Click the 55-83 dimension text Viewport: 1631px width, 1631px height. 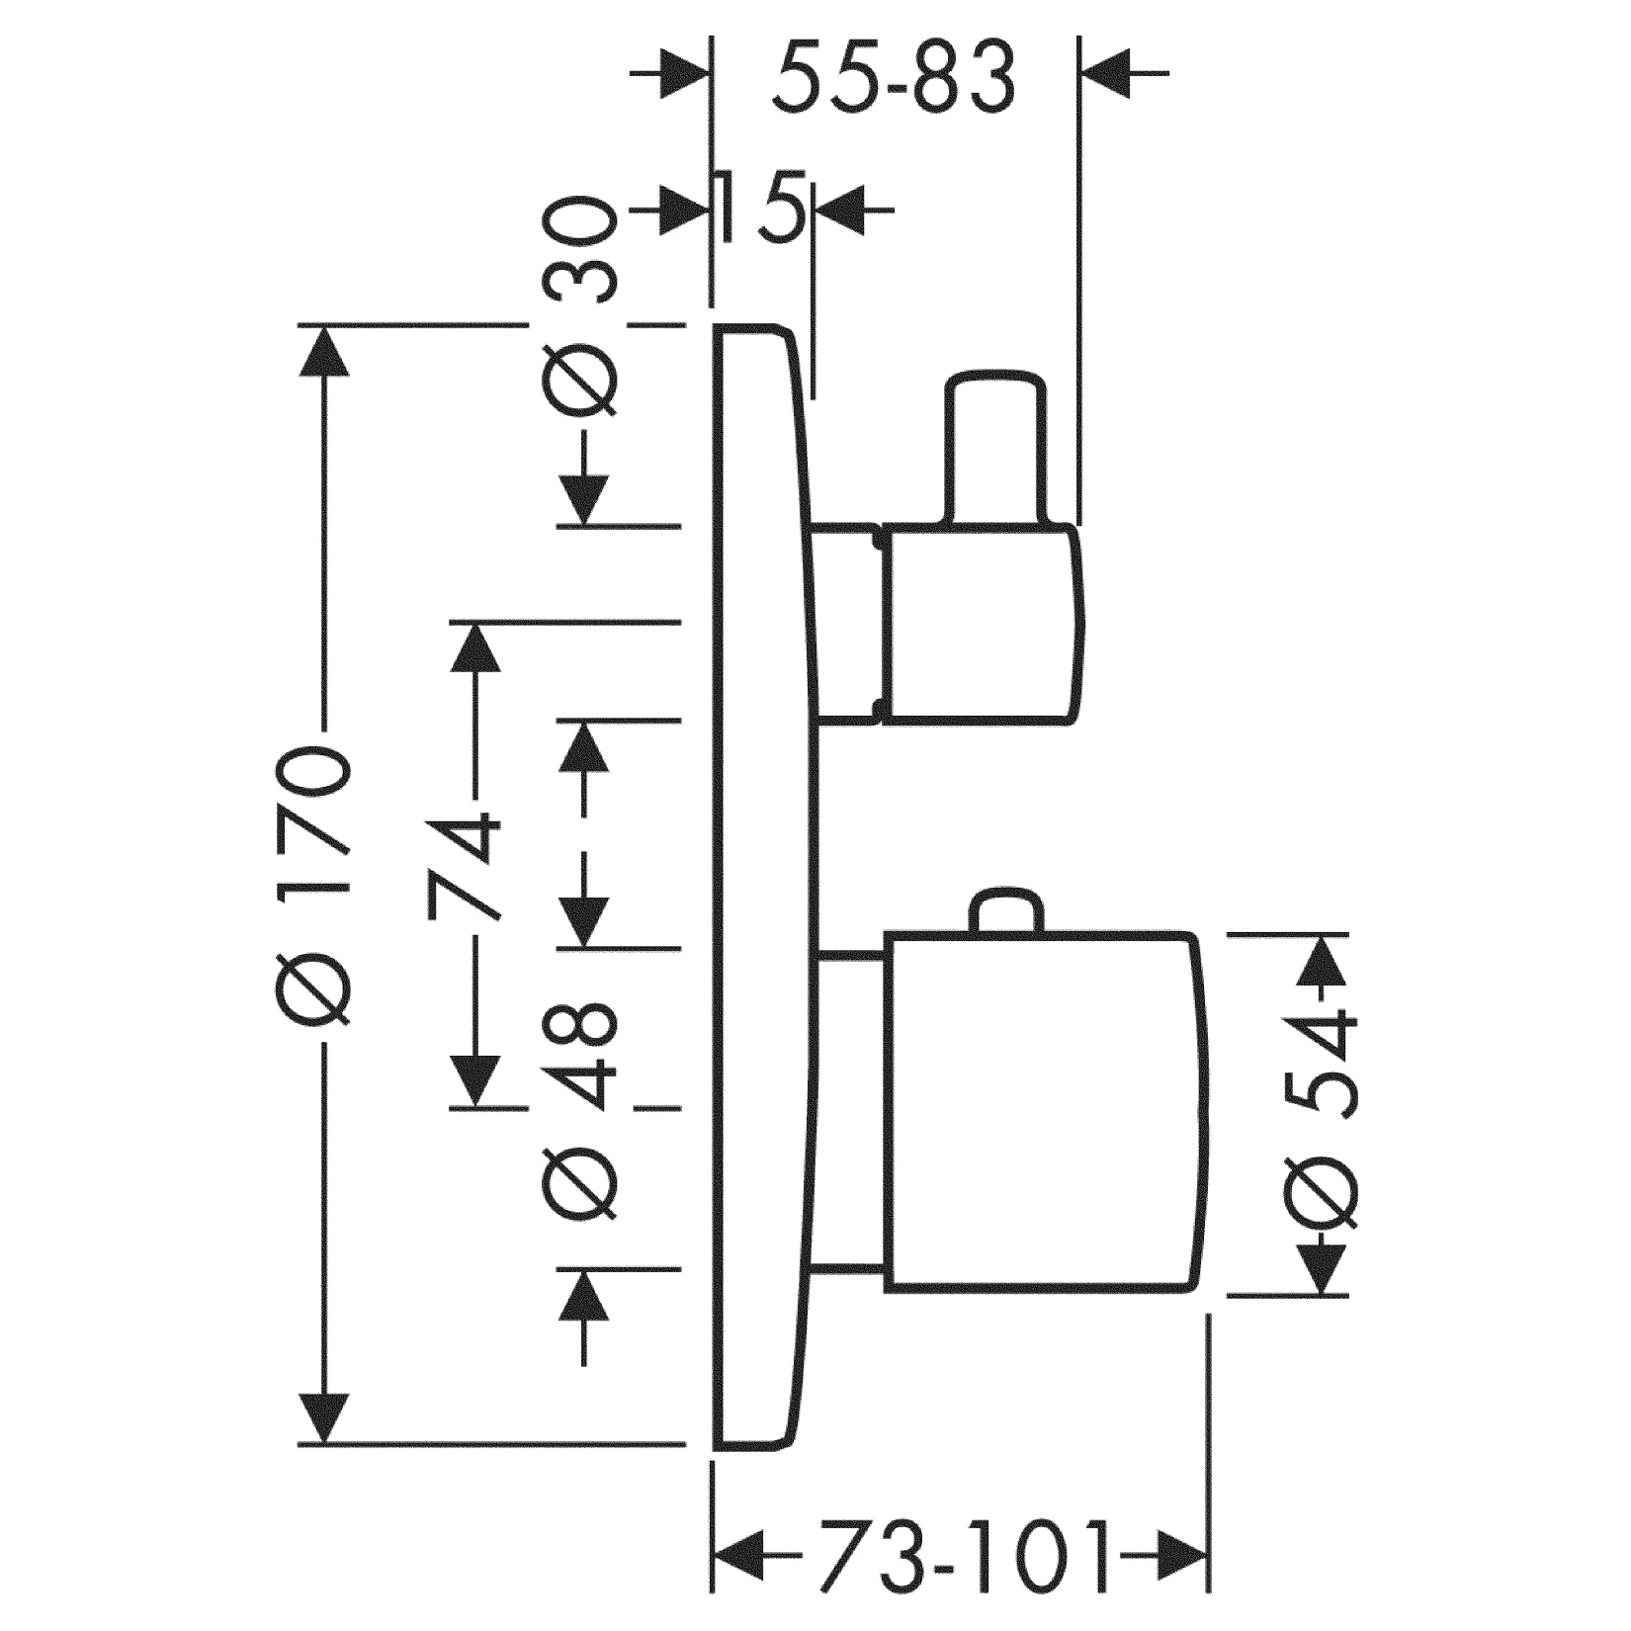(x=894, y=76)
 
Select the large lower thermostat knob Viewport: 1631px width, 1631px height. (x=1048, y=1111)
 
